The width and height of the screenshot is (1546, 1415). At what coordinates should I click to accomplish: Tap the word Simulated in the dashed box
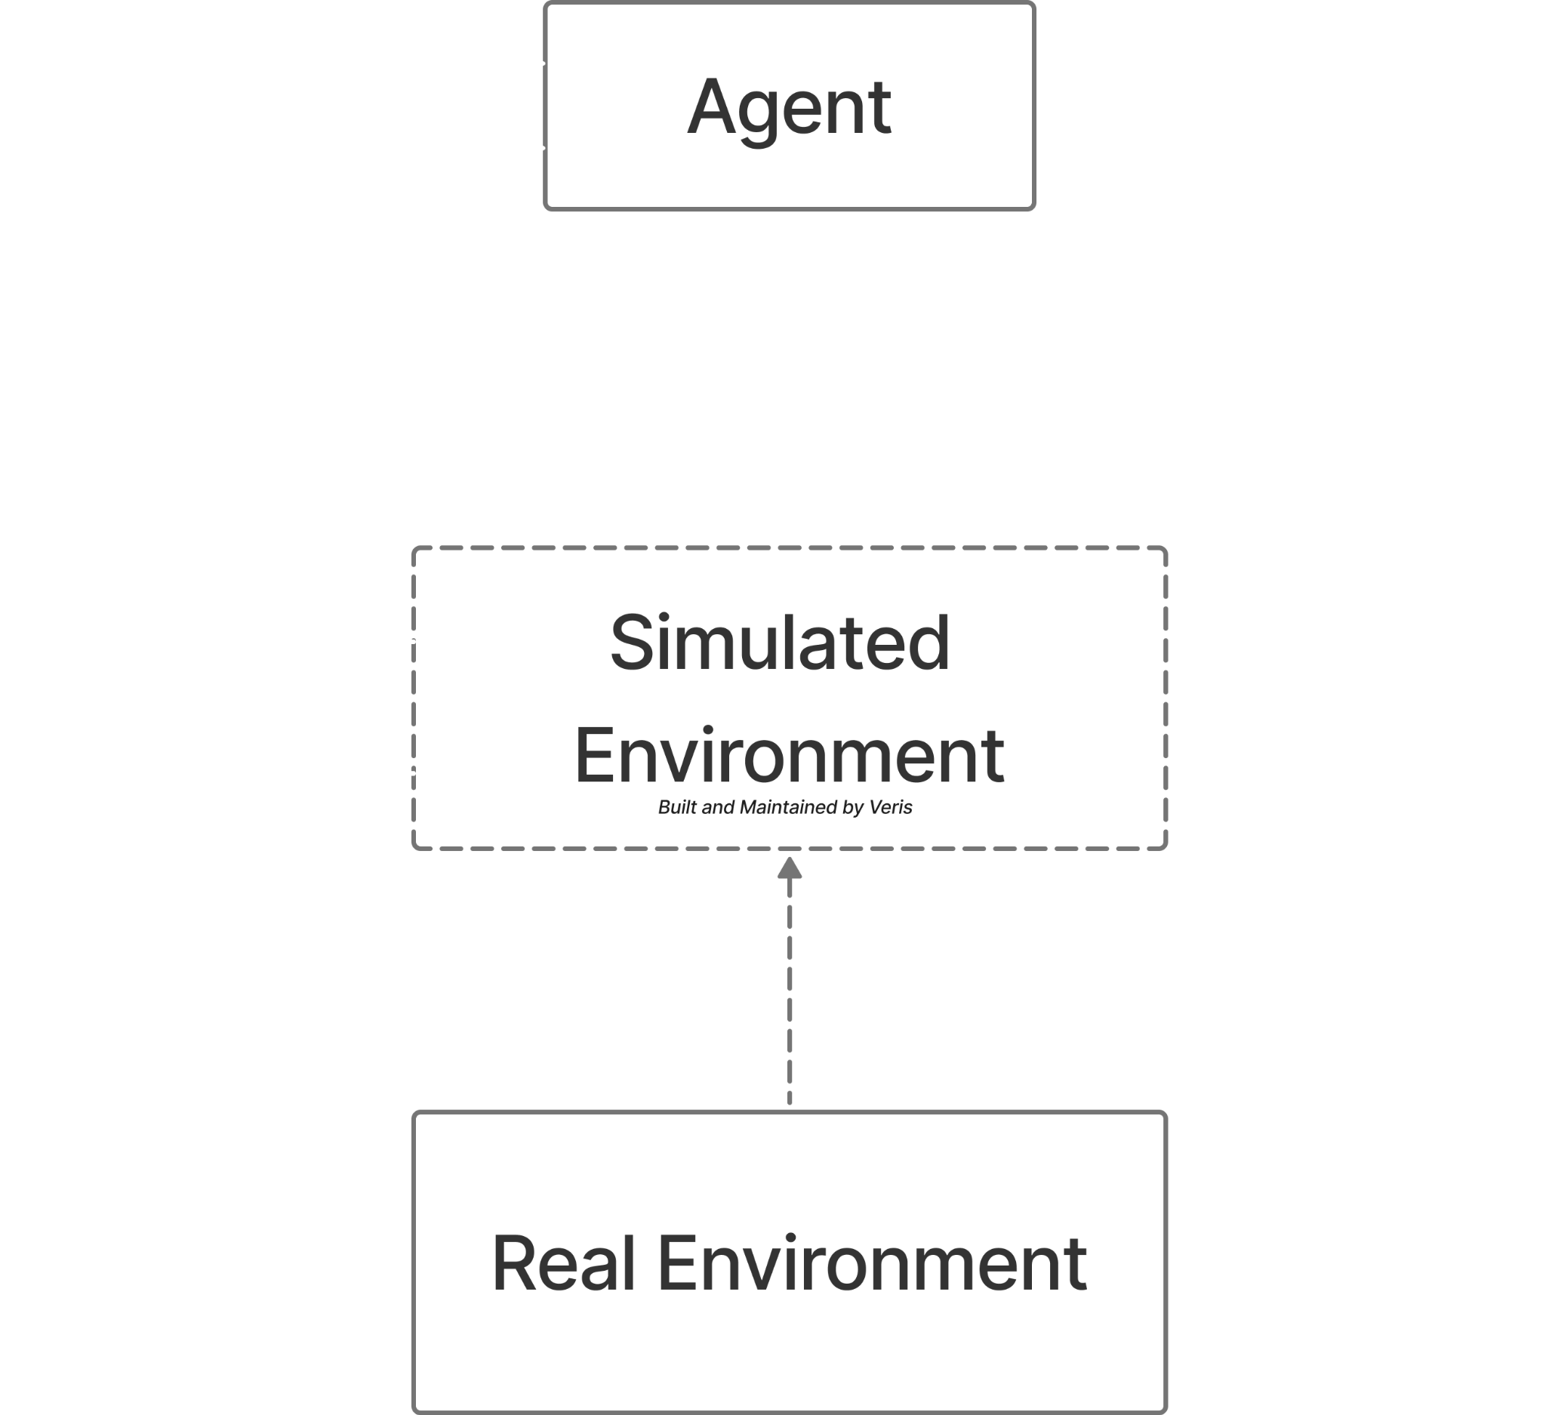tap(780, 643)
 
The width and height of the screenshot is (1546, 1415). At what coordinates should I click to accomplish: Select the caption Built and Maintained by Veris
tap(784, 808)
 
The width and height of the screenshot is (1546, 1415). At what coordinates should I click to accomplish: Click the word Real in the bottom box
tap(564, 1265)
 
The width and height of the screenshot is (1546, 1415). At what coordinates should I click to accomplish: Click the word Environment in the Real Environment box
tap(872, 1265)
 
